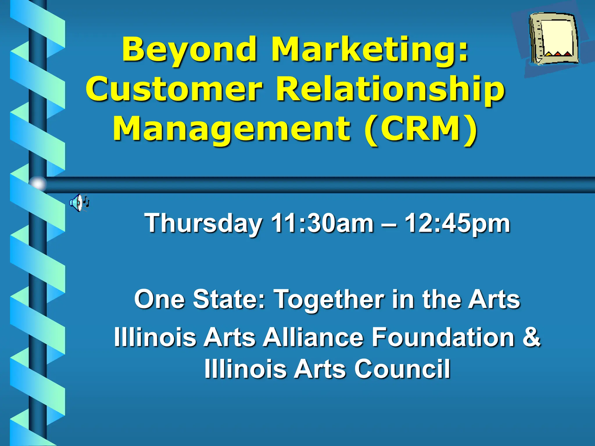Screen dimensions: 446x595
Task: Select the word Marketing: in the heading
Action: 370,49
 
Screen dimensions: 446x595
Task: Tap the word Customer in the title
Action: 174,89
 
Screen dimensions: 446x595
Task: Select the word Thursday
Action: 203,224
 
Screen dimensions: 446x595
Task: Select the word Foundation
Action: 443,337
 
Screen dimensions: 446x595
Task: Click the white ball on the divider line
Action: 38,184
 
